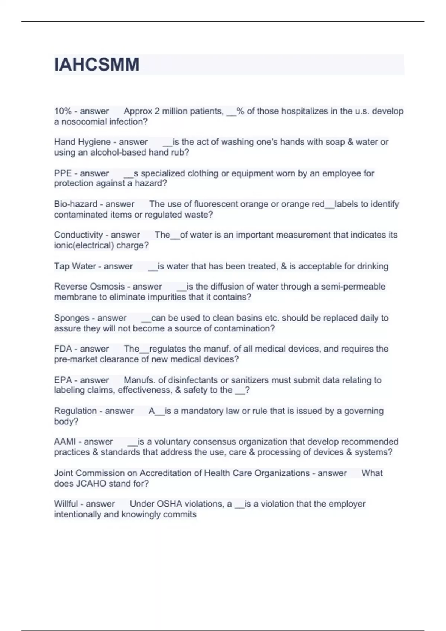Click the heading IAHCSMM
tap(97, 65)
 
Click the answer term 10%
tap(62, 111)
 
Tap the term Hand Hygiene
tap(82, 142)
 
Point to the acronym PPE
tap(63, 173)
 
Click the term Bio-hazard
tap(75, 204)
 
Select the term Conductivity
tap(78, 235)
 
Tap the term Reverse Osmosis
tap(89, 287)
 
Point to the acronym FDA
tap(63, 349)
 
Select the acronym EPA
tap(63, 380)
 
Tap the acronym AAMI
tap(65, 442)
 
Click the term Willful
tap(66, 504)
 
